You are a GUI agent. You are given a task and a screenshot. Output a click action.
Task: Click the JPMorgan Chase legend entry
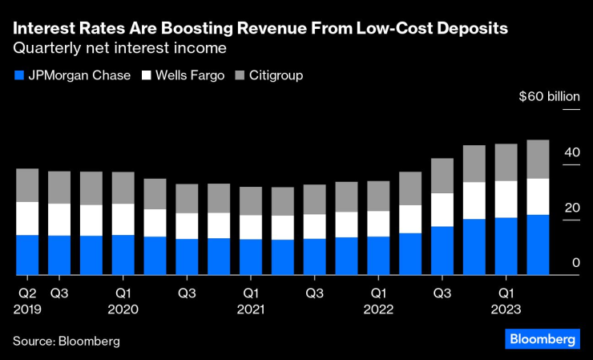click(x=72, y=75)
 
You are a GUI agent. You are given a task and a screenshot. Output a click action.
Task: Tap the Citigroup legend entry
click(x=269, y=75)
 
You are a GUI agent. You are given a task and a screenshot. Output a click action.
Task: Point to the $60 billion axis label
click(x=548, y=96)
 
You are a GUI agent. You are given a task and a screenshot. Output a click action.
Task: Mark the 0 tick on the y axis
click(x=575, y=263)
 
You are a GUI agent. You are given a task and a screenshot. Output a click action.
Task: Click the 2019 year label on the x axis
click(x=26, y=309)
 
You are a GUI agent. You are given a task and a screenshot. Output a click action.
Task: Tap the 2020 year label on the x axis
click(x=123, y=309)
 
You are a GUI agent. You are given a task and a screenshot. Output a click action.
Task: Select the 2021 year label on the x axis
click(x=251, y=309)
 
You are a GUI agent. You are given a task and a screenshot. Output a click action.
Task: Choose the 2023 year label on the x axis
click(x=506, y=309)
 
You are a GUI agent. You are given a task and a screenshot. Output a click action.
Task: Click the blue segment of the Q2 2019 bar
click(x=27, y=255)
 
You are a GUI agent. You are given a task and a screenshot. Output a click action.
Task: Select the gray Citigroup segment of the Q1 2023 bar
click(x=506, y=162)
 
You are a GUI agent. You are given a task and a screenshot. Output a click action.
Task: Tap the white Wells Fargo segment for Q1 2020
click(x=123, y=219)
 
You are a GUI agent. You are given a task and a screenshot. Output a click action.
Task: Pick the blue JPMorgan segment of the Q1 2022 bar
click(x=378, y=256)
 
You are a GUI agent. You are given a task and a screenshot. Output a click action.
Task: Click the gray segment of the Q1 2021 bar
click(x=251, y=200)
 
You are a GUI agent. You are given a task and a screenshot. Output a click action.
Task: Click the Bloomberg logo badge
click(x=542, y=340)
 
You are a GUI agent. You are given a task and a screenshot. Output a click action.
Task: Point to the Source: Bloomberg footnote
click(x=67, y=341)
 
